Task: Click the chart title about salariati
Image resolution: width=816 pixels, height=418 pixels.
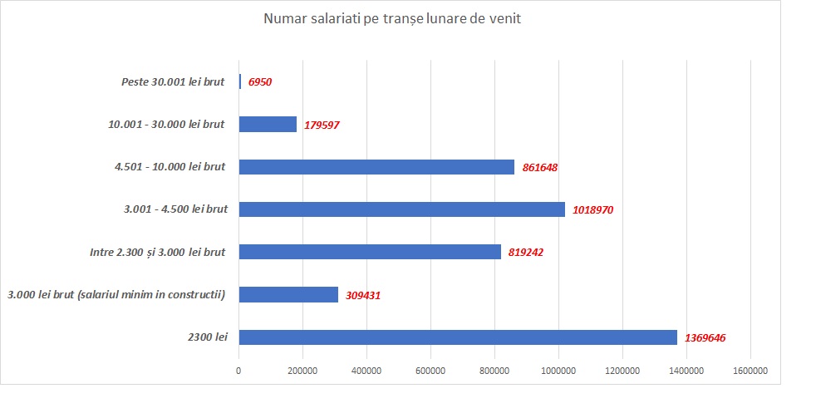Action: (x=392, y=19)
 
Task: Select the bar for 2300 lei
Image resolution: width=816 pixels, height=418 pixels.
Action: (x=458, y=337)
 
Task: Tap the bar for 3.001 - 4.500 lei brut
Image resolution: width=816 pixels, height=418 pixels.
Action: (x=401, y=209)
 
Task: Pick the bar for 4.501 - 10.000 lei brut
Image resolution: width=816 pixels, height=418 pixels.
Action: (x=376, y=166)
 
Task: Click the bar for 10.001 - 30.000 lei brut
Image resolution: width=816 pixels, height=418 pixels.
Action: (x=268, y=124)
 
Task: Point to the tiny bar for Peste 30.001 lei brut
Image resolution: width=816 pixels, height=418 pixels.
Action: (x=240, y=81)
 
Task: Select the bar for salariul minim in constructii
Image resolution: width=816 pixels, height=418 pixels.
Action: (x=288, y=294)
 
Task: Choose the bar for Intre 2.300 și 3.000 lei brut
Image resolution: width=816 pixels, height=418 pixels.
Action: (x=370, y=252)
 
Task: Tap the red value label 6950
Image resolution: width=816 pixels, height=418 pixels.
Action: (x=260, y=82)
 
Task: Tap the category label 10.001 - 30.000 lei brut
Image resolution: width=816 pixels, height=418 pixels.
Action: (x=166, y=124)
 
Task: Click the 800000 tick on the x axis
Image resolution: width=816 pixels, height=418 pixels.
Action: (x=494, y=371)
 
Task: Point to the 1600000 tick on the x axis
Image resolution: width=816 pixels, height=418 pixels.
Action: (x=750, y=371)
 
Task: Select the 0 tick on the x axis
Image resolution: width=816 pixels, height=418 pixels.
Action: (x=239, y=371)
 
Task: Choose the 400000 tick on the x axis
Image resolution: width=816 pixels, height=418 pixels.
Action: (x=366, y=371)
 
